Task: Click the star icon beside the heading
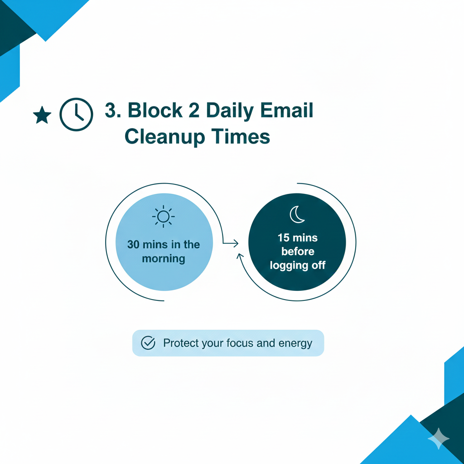42,115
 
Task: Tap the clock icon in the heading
76,115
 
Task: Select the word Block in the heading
155,110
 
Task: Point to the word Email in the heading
286,110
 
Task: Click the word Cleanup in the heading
165,137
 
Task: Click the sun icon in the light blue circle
163,217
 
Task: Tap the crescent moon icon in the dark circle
297,214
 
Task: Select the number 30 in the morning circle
133,244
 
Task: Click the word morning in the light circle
164,259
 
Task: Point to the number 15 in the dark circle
283,237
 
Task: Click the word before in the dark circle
298,251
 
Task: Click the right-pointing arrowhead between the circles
236,243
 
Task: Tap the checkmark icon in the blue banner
148,343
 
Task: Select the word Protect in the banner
181,343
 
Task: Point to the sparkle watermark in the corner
439,439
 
